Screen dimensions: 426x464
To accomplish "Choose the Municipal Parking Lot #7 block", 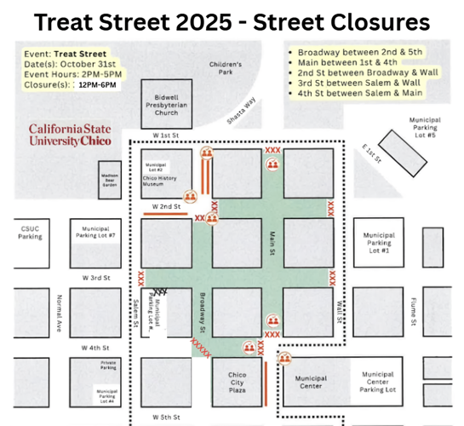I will pyautogui.click(x=100, y=234).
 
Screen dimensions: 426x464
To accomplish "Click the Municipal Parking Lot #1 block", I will pyautogui.click(x=378, y=243).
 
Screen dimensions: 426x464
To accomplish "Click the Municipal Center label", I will pyautogui.click(x=310, y=382).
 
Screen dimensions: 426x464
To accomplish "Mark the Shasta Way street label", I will pyautogui.click(x=247, y=126).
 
